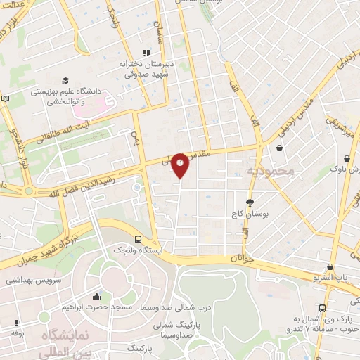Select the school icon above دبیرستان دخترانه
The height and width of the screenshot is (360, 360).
coord(146,53)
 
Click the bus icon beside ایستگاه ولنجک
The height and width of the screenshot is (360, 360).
coord(138,239)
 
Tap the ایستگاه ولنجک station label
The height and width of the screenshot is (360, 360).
coord(138,250)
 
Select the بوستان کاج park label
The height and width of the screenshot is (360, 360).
coord(250,212)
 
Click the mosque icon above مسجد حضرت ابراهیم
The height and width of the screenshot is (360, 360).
coord(96,297)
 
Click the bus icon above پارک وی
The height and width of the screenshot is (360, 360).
coord(322,308)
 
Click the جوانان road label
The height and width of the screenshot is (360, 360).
coord(238,259)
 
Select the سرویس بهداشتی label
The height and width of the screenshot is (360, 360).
coord(31,279)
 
